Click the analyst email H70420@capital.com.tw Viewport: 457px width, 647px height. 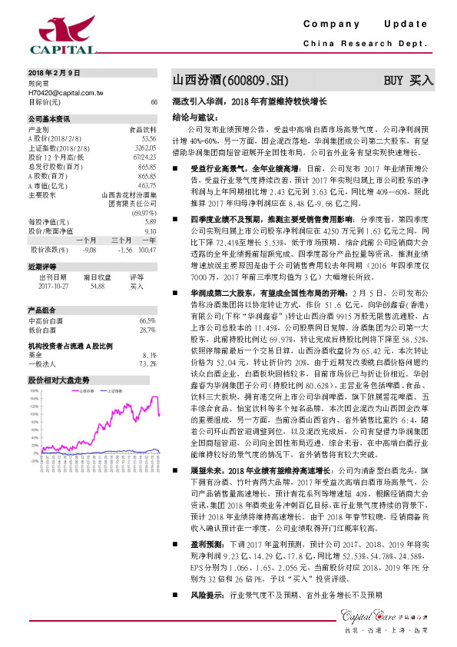[65, 91]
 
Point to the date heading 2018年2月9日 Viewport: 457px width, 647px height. [54, 72]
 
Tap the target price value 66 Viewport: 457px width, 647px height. [154, 101]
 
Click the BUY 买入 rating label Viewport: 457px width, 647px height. [409, 79]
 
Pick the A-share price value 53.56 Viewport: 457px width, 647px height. [149, 138]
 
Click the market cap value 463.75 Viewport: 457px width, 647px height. [147, 185]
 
